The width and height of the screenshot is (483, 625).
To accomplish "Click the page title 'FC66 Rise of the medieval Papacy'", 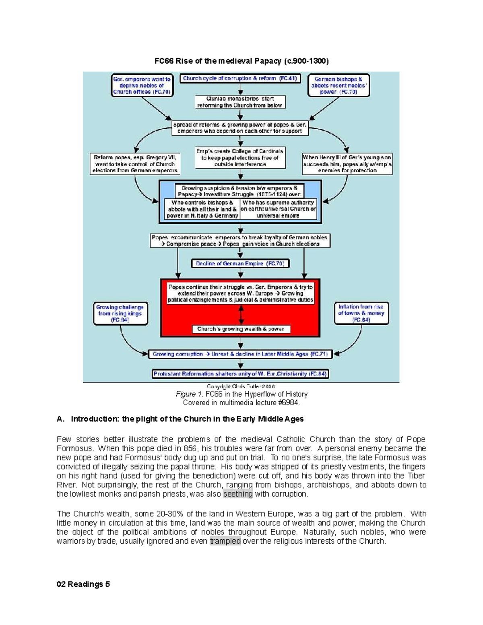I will [x=242, y=61].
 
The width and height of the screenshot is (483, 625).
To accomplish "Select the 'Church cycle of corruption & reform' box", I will [x=240, y=78].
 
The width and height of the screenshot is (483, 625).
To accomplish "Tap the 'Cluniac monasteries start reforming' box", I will [x=240, y=102].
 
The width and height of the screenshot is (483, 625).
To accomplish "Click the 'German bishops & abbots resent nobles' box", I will [x=338, y=85].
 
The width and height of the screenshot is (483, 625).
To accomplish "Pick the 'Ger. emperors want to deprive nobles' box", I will [x=142, y=85].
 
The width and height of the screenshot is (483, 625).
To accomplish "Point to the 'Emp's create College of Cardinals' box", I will [x=240, y=157].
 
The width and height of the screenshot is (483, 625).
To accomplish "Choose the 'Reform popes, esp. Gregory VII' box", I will [x=135, y=164].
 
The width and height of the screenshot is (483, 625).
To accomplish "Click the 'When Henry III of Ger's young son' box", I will [x=347, y=164].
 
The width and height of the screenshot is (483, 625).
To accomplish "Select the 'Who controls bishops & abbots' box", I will [x=202, y=209].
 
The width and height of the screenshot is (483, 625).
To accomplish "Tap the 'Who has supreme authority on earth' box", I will [x=278, y=209].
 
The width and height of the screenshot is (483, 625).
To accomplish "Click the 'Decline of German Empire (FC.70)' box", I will [x=240, y=264].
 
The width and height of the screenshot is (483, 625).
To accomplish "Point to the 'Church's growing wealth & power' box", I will [x=241, y=329].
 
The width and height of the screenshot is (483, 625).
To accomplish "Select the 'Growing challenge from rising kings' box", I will [x=120, y=314].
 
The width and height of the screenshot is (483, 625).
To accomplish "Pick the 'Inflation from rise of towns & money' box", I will [x=361, y=313].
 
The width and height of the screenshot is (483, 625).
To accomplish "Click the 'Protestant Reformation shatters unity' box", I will [x=240, y=374].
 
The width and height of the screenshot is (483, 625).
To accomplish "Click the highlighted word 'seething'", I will [x=237, y=494].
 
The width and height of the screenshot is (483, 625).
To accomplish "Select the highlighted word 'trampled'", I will [x=225, y=541].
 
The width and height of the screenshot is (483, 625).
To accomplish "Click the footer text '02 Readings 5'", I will [x=83, y=584].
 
